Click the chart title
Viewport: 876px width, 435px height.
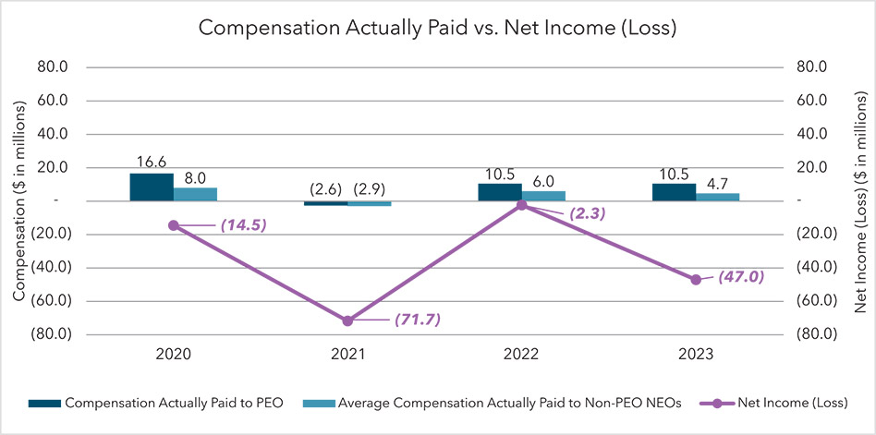click(438, 29)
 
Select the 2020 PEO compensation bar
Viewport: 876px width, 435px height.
click(151, 187)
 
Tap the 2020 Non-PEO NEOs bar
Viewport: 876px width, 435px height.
click(195, 194)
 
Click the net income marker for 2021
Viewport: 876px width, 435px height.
click(347, 320)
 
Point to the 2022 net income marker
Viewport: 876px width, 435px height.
click(521, 205)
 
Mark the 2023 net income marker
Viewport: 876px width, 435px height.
click(696, 279)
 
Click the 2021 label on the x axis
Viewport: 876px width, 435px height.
click(347, 354)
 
